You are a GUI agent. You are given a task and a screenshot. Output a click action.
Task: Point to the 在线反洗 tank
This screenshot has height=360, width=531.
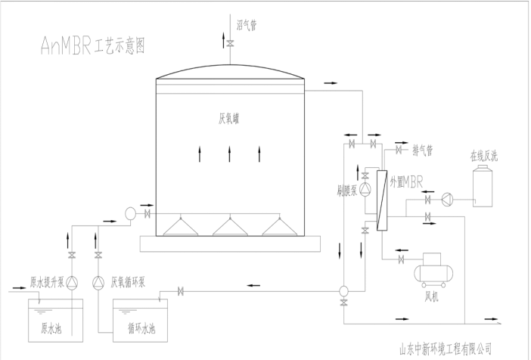coord(484,185)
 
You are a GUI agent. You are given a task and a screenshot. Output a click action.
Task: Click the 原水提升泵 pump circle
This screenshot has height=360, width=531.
coord(72,283)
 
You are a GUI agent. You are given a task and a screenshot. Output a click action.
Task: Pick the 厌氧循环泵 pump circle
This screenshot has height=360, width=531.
coord(98,283)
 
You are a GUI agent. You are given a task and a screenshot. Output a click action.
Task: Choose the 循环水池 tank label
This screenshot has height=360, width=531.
coord(141,329)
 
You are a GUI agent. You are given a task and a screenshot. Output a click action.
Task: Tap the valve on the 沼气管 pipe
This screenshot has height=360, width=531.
coord(229,45)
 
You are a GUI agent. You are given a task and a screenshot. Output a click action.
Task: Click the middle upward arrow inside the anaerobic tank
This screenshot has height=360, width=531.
coord(229,155)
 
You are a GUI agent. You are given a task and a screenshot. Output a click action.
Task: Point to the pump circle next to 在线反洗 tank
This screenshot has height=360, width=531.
coord(447,200)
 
